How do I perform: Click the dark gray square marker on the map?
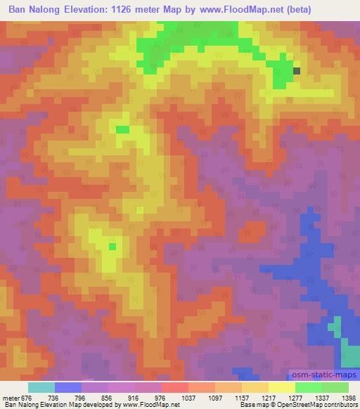tap(296, 70)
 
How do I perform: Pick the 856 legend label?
tap(108, 397)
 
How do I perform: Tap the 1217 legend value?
tap(268, 397)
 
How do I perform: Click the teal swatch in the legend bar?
tap(41, 387)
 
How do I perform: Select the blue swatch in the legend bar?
tap(68, 387)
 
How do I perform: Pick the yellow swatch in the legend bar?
tap(281, 387)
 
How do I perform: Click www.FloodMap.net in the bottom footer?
tap(150, 405)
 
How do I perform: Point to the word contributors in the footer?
tap(340, 405)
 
